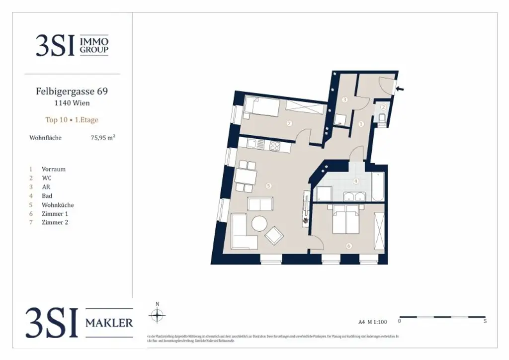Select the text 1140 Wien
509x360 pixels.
[x=72, y=103]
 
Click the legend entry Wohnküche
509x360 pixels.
[x=58, y=205]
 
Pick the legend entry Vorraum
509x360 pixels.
[x=53, y=169]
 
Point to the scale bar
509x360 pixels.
[x=442, y=316]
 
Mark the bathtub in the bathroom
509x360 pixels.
[x=378, y=186]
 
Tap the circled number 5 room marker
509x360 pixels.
[x=268, y=186]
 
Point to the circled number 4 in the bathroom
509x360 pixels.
[x=356, y=181]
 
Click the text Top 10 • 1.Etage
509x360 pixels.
[x=72, y=120]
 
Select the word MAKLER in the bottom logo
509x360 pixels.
[x=109, y=323]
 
